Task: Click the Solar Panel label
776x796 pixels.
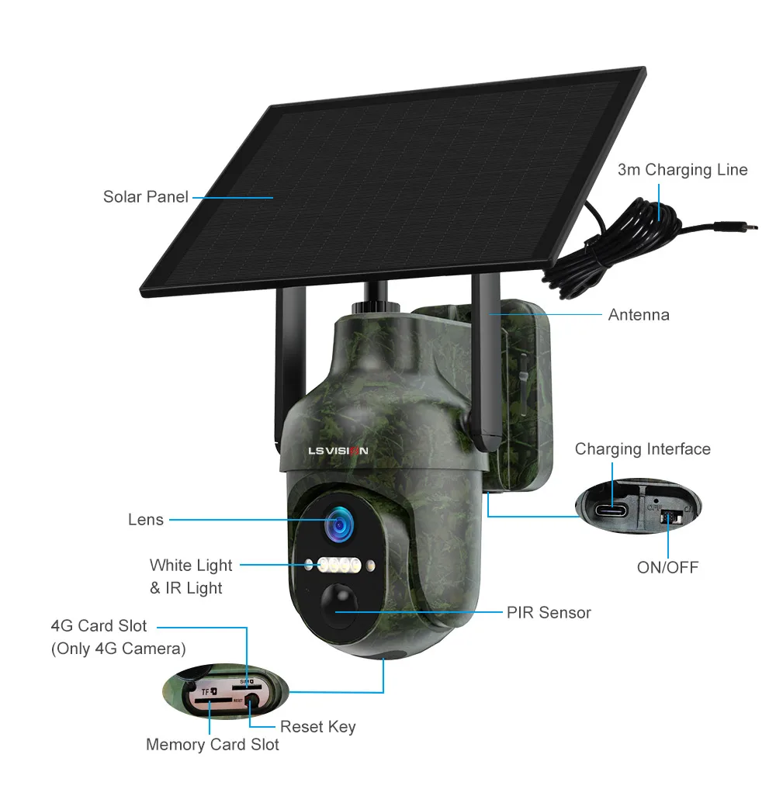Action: coord(146,197)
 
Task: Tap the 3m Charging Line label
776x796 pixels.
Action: coord(682,170)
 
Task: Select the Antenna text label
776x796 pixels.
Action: coord(638,315)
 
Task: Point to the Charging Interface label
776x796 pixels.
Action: coord(642,449)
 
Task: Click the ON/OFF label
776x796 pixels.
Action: coord(667,567)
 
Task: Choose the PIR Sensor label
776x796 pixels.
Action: coord(549,613)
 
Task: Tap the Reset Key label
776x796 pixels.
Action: coord(317,727)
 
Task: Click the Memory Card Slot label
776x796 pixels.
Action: coord(213,745)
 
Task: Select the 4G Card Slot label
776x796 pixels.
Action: coord(99,626)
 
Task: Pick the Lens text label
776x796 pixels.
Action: coord(146,520)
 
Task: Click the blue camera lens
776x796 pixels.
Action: coord(339,525)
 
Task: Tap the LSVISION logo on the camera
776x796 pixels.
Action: coord(338,450)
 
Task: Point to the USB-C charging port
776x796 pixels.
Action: coord(613,510)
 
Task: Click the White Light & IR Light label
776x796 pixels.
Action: coord(190,576)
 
